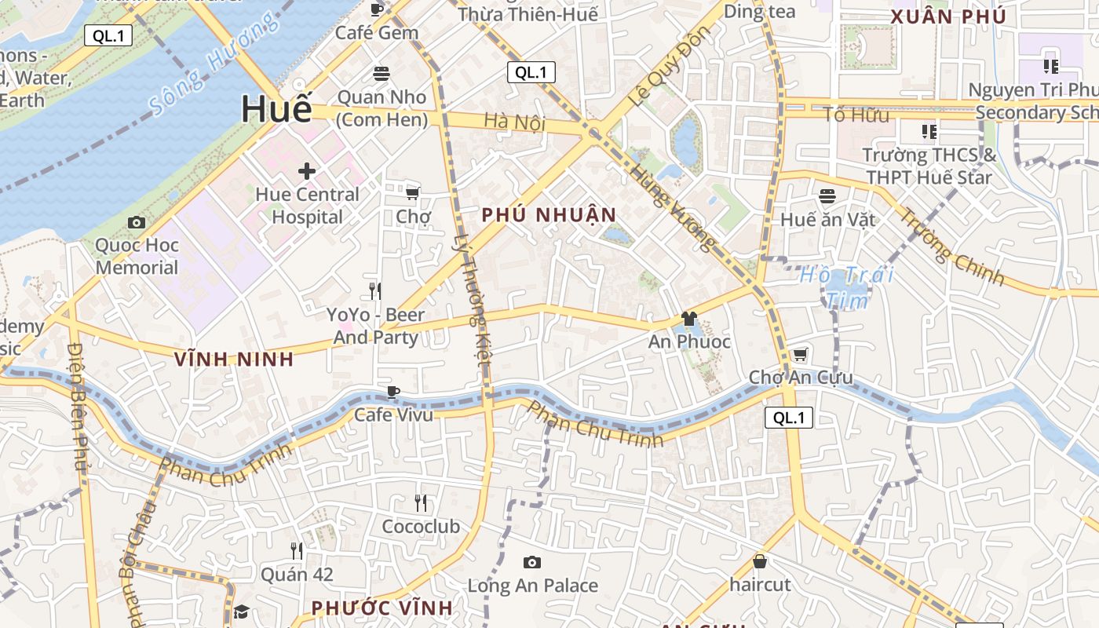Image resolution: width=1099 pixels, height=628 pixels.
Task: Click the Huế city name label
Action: [x=276, y=108]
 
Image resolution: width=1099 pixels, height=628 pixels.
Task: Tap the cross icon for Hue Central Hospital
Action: [x=307, y=170]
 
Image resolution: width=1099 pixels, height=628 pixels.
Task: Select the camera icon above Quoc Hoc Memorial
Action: [x=137, y=223]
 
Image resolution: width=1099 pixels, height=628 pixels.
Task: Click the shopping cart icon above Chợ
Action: [x=412, y=192]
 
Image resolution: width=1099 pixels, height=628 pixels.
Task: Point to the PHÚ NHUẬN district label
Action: [x=549, y=214]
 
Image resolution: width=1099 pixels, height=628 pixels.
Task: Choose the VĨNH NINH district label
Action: [x=234, y=360]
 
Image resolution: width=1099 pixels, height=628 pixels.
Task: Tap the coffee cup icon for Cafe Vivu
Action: [x=393, y=392]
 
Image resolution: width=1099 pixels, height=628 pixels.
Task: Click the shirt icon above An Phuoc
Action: [x=689, y=319]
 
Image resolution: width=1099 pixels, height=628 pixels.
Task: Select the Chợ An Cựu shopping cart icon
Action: [x=800, y=355]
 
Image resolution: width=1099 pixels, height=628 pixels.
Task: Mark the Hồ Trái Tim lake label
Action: [x=846, y=287]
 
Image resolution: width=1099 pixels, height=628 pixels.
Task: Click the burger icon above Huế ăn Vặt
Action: [x=827, y=195]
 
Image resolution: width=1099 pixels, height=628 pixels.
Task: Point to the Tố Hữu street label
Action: [x=856, y=115]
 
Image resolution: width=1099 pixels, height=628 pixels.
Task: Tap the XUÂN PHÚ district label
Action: [x=948, y=16]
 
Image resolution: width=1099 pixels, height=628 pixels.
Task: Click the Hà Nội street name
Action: [x=514, y=122]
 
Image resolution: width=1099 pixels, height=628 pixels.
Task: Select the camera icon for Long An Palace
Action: [x=532, y=562]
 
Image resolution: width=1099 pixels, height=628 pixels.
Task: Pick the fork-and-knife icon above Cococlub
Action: [x=421, y=503]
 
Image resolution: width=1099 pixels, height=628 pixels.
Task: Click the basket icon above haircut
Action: [x=759, y=561]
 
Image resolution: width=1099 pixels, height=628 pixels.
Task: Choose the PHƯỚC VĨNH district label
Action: [x=382, y=608]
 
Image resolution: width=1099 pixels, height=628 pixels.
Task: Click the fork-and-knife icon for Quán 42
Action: [x=297, y=550]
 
